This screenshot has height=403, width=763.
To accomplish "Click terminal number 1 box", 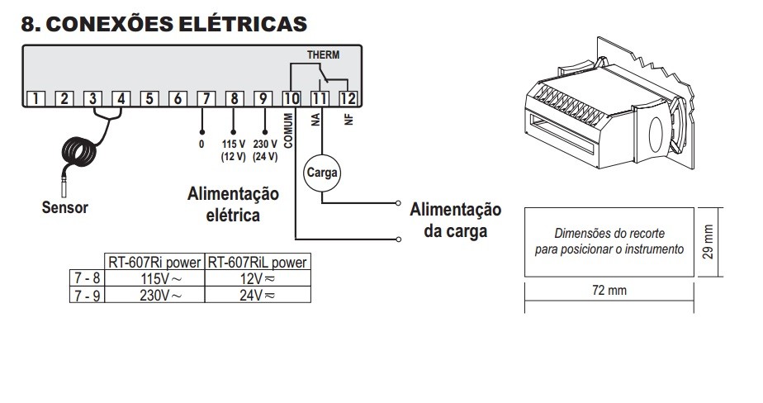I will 37,99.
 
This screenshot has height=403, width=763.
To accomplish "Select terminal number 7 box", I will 206,99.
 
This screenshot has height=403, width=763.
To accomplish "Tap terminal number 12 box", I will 348,99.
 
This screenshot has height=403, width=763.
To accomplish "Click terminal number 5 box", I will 149,99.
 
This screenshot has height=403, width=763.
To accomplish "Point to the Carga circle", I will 321,173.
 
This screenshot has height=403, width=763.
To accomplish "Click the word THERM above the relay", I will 323,55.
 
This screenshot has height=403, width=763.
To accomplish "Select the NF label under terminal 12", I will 348,120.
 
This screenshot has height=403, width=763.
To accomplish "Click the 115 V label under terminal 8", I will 234,144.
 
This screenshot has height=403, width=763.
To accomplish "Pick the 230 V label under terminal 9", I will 264,144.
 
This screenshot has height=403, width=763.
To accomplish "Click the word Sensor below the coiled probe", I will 64,207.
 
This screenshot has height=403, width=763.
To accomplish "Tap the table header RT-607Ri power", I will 154,263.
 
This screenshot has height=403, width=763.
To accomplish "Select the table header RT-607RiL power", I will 258,263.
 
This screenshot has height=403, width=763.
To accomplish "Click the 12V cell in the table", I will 258,278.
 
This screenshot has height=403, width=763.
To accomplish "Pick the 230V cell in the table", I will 154,294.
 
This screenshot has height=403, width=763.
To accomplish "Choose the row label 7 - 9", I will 85,294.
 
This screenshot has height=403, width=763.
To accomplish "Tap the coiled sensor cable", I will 83,151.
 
